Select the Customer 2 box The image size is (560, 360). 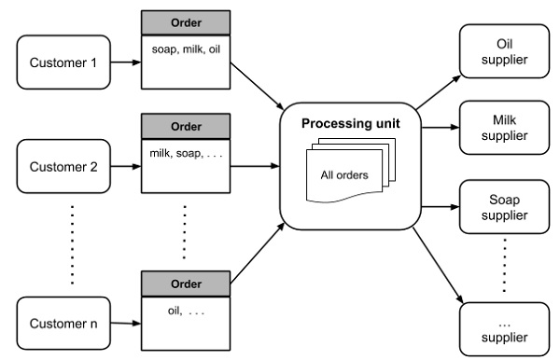pyautogui.click(x=63, y=168)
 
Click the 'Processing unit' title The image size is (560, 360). pyautogui.click(x=350, y=124)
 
